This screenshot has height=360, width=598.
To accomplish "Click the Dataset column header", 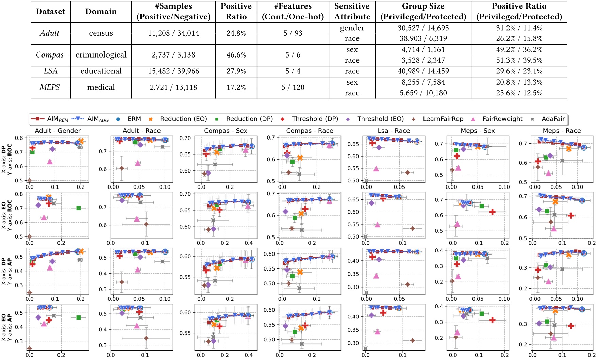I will click(50, 11).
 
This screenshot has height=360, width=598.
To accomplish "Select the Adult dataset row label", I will click(50, 33).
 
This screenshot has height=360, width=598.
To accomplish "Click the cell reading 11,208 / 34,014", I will click(173, 33).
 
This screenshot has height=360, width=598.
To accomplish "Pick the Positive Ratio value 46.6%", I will click(236, 55).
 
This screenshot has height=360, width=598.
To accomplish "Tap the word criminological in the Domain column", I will click(101, 55).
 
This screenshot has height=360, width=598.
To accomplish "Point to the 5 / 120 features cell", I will click(293, 87).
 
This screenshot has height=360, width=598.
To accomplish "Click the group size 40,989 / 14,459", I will click(423, 71).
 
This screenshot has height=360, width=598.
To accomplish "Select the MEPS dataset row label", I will click(50, 87).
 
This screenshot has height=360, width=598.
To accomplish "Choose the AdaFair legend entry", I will click(553, 119).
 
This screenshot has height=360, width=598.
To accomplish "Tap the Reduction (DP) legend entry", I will click(249, 119).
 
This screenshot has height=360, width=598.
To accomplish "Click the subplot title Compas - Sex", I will click(226, 131).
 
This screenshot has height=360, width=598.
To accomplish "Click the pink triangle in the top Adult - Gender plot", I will click(50, 161).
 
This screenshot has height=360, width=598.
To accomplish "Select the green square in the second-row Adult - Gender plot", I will click(79, 208).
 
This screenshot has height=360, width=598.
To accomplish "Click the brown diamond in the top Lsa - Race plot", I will click(408, 173).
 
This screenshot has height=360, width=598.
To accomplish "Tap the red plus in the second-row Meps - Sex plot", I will click(492, 212).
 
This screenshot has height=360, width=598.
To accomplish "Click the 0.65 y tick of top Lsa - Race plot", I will click(353, 144).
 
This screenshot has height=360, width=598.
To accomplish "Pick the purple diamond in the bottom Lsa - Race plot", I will click(371, 315).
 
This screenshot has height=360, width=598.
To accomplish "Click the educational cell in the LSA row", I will click(101, 71).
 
